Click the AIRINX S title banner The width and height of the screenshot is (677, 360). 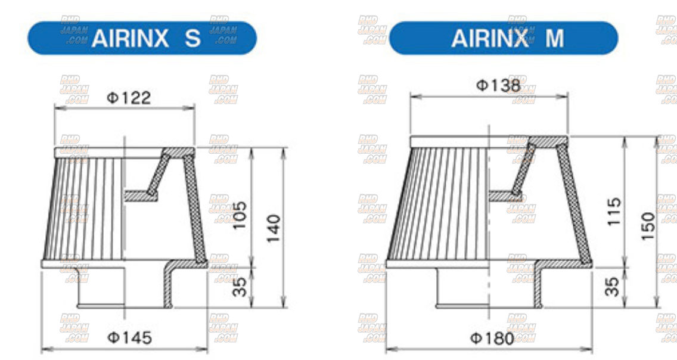coord(142,38)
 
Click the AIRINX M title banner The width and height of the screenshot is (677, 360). coord(504,38)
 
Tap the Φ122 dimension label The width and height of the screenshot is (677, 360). coord(129,98)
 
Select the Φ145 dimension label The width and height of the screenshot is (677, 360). coord(129,338)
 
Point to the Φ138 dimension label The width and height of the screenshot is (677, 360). coord(498,85)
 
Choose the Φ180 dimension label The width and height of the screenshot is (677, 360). coord(492,339)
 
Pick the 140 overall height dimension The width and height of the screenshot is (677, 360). coord(274,228)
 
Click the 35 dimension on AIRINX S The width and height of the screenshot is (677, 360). coord(240,286)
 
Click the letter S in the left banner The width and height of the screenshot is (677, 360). coord(192,38)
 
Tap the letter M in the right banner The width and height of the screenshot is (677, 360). coord(554,38)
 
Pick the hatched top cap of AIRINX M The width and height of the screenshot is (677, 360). coord(548,141)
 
